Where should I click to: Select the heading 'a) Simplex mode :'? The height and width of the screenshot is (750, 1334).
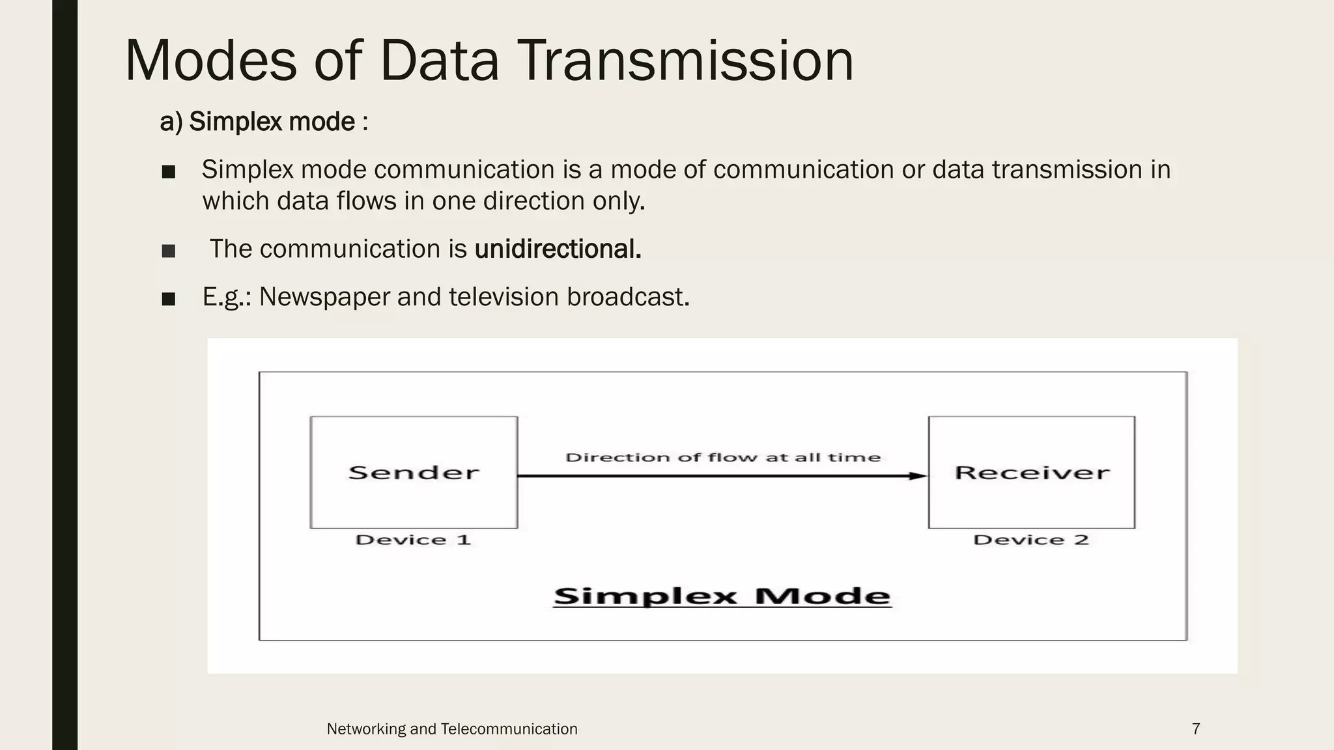tap(264, 122)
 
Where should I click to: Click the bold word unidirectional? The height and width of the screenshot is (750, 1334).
tap(558, 249)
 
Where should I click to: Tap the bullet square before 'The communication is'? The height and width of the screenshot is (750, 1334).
tap(169, 251)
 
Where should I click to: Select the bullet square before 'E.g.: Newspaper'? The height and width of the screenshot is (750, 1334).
tap(169, 299)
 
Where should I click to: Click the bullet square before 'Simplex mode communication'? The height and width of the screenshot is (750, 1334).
tap(169, 172)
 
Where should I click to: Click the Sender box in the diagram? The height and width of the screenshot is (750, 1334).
tap(414, 472)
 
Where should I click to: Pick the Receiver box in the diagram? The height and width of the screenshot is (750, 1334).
tap(1031, 472)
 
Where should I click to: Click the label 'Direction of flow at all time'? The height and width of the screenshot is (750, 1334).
tap(722, 457)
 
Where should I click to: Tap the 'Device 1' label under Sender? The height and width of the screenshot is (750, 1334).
tap(413, 540)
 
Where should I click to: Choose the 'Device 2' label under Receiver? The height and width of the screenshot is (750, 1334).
tap(1030, 540)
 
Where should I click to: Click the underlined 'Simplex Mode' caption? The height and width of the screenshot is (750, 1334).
tap(722, 596)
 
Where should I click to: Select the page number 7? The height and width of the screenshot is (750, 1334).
tap(1196, 729)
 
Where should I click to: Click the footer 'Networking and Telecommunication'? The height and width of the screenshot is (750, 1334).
tap(451, 729)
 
